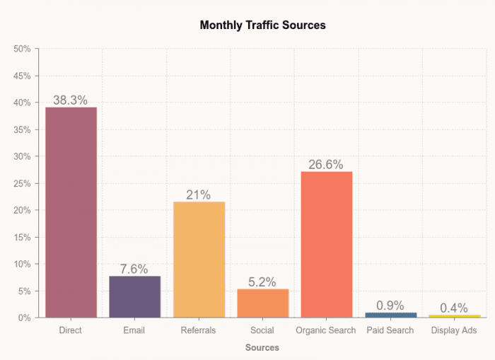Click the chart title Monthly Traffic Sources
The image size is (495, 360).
click(262, 25)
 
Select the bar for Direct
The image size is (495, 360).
click(71, 212)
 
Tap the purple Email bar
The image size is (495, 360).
click(134, 296)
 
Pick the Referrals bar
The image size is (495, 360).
click(199, 260)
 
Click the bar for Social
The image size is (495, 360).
click(262, 303)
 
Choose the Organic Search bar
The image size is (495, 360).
click(326, 244)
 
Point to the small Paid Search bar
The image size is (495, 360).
click(390, 315)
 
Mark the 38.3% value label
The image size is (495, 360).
click(71, 100)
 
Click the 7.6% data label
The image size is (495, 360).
click(134, 269)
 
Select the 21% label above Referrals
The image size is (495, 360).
click(199, 194)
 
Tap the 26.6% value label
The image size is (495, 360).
click(326, 165)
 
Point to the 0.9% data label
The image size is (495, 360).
click(390, 306)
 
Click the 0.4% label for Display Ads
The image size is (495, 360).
click(454, 308)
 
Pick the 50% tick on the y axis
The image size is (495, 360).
click(22, 49)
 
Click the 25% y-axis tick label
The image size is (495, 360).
click(22, 183)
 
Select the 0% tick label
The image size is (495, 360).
click(25, 318)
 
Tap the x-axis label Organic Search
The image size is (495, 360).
click(326, 330)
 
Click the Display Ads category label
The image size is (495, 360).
click(454, 330)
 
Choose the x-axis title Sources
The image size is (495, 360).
click(262, 347)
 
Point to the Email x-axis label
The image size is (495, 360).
click(134, 330)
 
